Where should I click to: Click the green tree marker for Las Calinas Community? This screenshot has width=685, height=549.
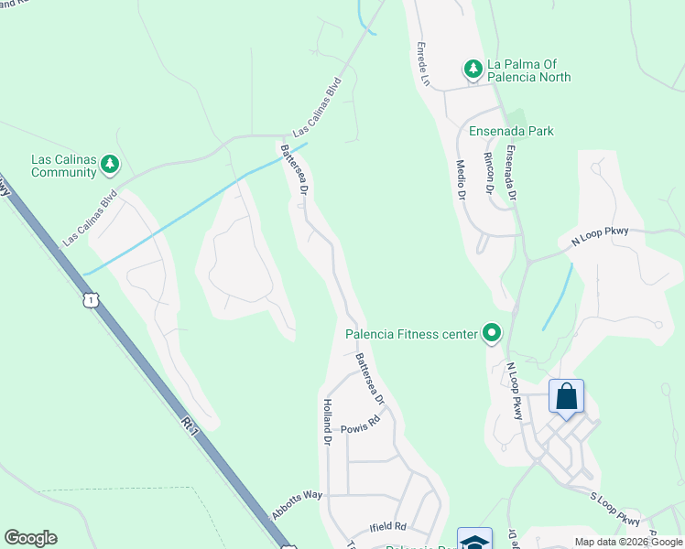111,164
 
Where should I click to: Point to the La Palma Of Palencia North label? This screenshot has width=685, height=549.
528,70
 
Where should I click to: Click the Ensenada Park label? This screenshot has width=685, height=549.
511,131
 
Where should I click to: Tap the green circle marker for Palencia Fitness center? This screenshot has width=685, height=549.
492,333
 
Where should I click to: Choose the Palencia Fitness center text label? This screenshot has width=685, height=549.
411,334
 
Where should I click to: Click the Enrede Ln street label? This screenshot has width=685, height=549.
423,63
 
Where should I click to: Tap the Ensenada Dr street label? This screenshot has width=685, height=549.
510,174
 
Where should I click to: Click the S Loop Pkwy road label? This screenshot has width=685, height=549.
614,518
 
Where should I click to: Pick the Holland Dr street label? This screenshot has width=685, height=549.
326,420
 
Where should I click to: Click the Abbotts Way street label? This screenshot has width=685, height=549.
298,505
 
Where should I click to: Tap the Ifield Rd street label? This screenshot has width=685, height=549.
387,527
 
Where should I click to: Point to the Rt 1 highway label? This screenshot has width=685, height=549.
190,425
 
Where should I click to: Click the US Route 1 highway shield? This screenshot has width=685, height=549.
89,299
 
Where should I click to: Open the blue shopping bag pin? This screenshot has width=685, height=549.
566,397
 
